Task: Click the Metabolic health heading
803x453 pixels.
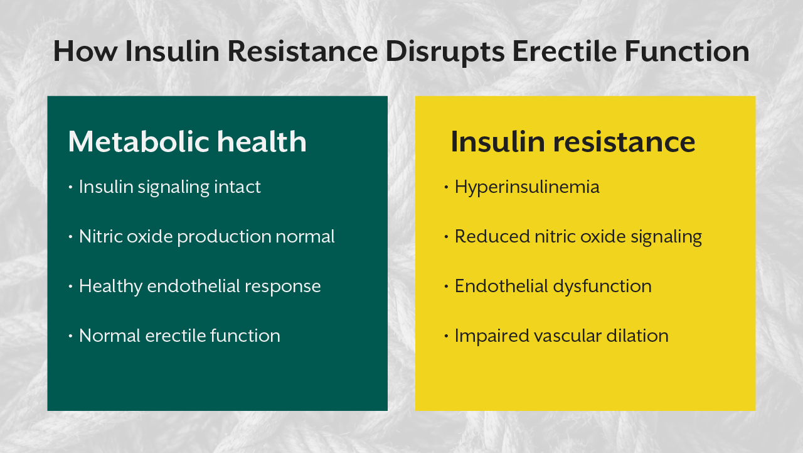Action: [x=187, y=142]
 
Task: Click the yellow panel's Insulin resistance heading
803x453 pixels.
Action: [x=572, y=142]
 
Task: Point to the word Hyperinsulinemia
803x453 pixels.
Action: [x=527, y=187]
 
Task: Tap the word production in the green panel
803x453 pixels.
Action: [x=225, y=237]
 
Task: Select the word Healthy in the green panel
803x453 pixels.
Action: [x=110, y=287]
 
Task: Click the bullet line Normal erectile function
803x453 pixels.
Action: [x=179, y=336]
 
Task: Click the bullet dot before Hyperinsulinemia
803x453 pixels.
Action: [x=445, y=187]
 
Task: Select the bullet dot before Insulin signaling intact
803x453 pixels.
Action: [x=70, y=187]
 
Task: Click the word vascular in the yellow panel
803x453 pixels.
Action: [x=568, y=336]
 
